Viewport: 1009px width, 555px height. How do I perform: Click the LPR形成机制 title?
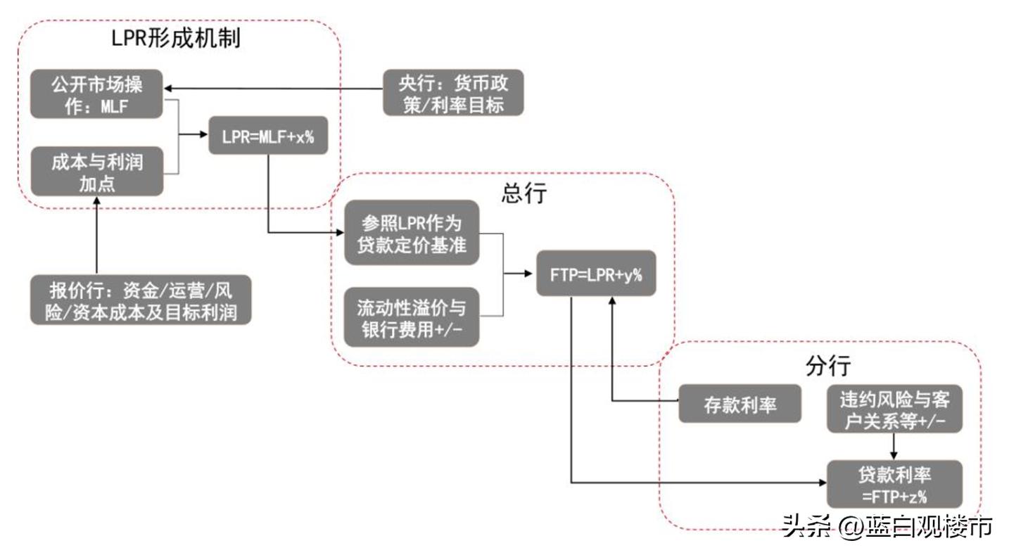pos(176,38)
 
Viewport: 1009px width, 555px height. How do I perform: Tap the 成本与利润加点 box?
pos(96,172)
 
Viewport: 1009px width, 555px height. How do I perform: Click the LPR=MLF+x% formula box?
pos(268,136)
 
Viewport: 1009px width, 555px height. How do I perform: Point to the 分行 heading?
pos(827,365)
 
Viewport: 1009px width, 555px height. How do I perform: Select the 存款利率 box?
pos(740,404)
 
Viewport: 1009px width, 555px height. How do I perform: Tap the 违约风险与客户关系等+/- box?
pos(894,409)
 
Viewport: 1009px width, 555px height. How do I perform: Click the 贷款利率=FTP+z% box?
pos(894,484)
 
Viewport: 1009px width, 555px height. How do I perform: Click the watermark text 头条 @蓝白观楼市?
pos(887,525)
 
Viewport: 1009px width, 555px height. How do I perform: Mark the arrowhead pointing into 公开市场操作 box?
pos(169,88)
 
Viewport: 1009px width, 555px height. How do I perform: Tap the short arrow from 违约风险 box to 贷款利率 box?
pos(893,446)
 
